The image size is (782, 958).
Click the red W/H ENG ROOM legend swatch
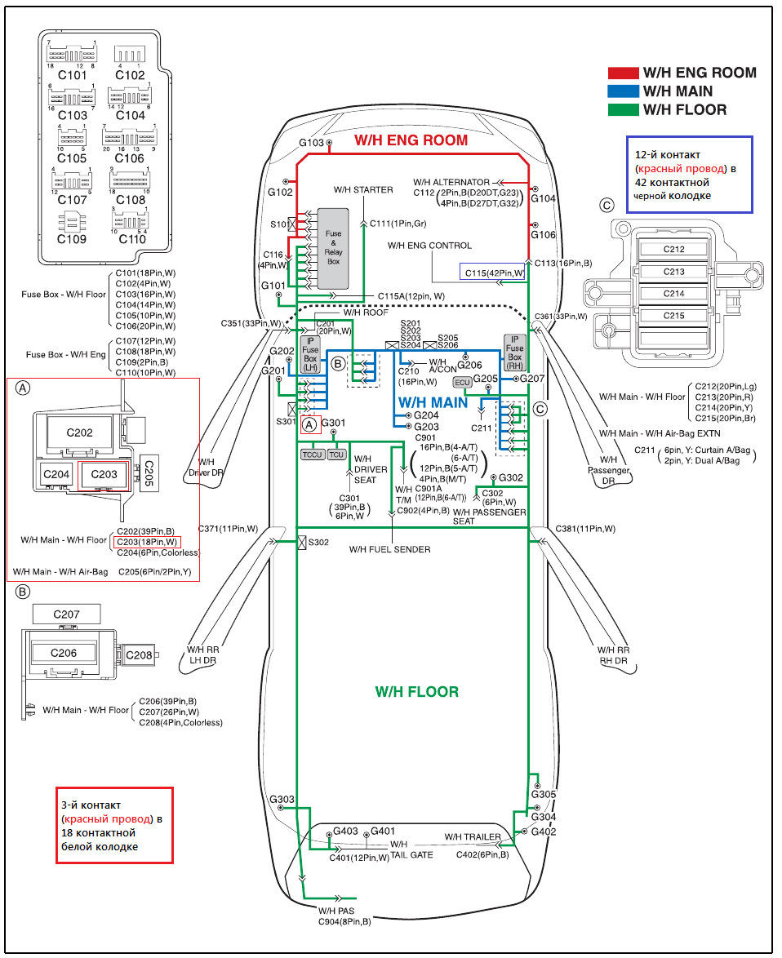[x=623, y=73]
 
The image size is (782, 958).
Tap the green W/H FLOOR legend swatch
[x=623, y=109]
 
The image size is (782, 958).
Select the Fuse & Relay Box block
[x=333, y=247]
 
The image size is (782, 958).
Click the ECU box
[x=463, y=383]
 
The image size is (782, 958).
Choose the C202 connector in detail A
[x=79, y=432]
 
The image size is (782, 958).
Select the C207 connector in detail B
[x=66, y=614]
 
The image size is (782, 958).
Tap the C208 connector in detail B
[x=139, y=654]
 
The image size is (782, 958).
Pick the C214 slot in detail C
[x=662, y=294]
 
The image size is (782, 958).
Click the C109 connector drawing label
[x=72, y=239]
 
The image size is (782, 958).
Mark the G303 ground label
[x=282, y=799]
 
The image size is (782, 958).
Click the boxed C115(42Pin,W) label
[x=493, y=273]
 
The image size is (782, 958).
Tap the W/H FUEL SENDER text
[x=389, y=549]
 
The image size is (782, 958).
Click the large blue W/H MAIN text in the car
[x=432, y=402]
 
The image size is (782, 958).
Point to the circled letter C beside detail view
[x=606, y=204]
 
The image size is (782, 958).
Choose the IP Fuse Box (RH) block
[x=514, y=352]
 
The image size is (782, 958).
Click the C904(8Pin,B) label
[x=344, y=921]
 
